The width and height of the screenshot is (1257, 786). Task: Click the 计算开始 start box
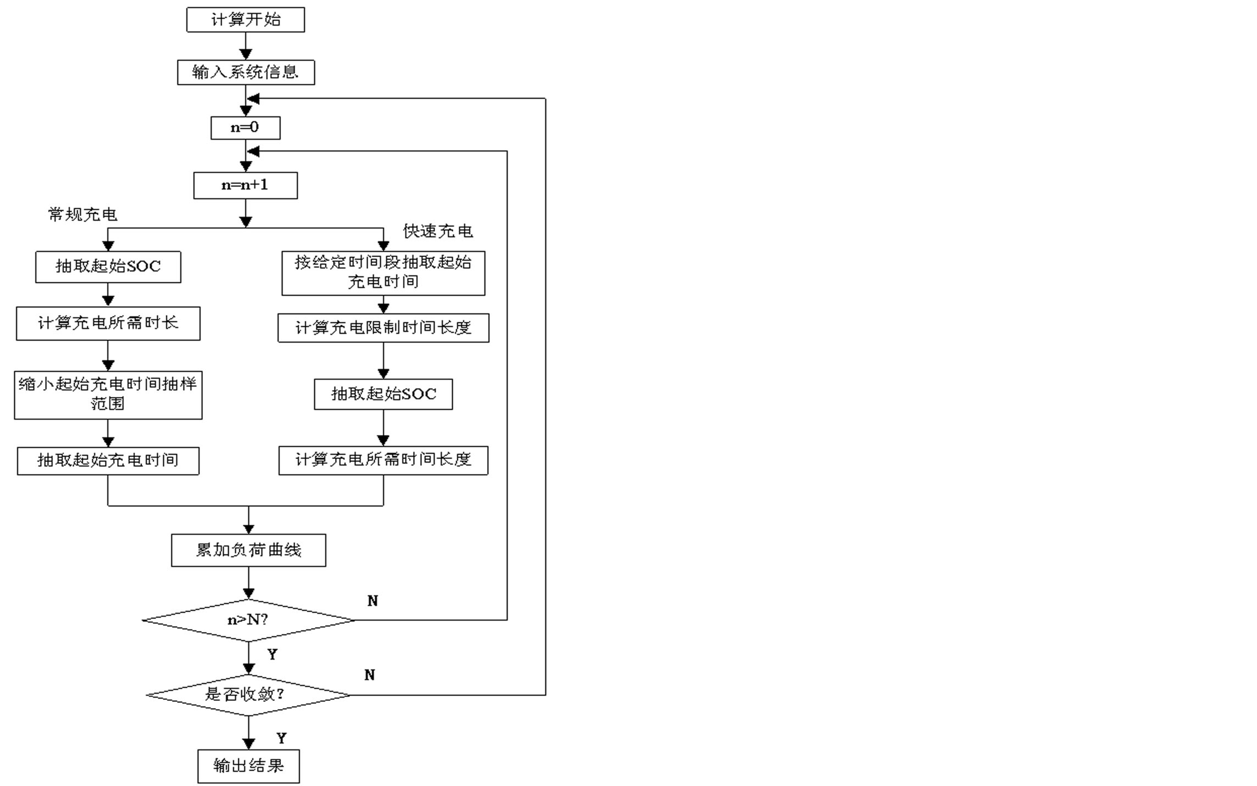coord(245,20)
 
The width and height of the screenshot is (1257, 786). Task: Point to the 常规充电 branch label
coord(83,214)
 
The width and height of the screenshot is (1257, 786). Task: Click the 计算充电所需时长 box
coord(108,323)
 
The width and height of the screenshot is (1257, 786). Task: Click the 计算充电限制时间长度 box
coord(383,327)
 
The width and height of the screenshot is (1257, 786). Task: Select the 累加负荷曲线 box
coord(249,550)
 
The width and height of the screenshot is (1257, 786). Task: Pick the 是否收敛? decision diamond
coord(249,694)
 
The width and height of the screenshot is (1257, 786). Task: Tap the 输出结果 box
coord(249,766)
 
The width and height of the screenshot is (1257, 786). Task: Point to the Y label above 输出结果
coord(281,738)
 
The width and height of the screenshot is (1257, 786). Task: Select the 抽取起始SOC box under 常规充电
coord(108,267)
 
